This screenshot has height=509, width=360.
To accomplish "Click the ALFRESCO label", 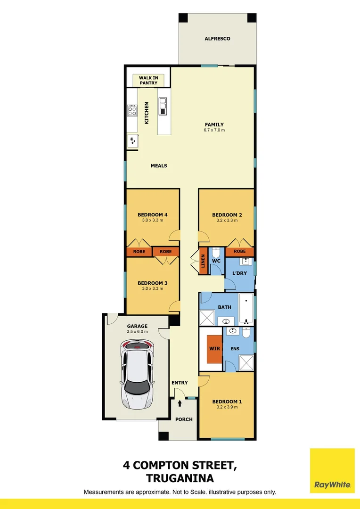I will pos(217,39).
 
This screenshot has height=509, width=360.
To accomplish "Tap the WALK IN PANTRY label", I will pos(148,81).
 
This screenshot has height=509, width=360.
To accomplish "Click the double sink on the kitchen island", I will pos(163,106).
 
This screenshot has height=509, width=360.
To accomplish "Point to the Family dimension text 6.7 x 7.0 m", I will pos(214,130).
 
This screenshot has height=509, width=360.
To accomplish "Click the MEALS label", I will pos(159,166).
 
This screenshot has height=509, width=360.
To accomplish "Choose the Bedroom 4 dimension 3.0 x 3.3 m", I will pos(152,220).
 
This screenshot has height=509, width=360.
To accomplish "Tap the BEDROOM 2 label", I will pos(227,215).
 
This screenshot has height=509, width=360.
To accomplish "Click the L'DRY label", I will pos(239,273).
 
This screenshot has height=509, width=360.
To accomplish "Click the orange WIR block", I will pos(214,349).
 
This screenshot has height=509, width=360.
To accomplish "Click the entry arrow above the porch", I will pos(180,403).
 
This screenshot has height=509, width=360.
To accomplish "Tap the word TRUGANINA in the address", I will pos(180,478).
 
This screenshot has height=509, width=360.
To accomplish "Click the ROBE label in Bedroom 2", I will pos(239,252).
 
